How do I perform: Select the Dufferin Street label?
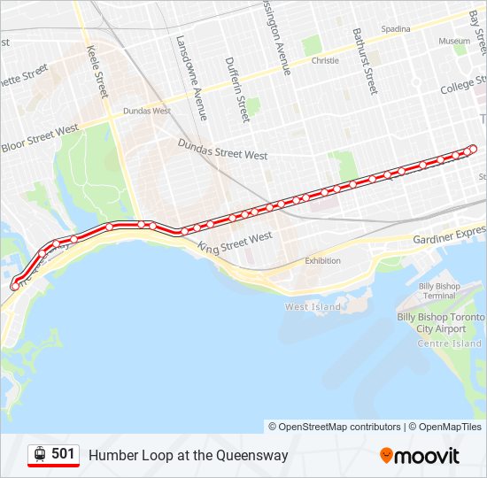(x=237, y=89)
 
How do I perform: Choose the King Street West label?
(x=235, y=243)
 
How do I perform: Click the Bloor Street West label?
(x=40, y=138)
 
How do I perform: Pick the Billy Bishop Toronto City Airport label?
(x=439, y=322)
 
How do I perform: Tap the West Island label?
(x=312, y=306)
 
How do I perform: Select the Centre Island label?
(x=449, y=343)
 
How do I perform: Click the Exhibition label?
(x=322, y=260)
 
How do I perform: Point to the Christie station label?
(x=325, y=61)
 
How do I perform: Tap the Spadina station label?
(x=396, y=28)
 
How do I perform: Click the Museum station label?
(x=454, y=41)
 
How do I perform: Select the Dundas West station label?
(x=146, y=112)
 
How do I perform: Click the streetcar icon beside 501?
(x=40, y=454)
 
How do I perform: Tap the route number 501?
(x=63, y=454)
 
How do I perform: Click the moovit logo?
(x=420, y=456)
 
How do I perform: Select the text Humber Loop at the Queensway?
(x=188, y=455)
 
